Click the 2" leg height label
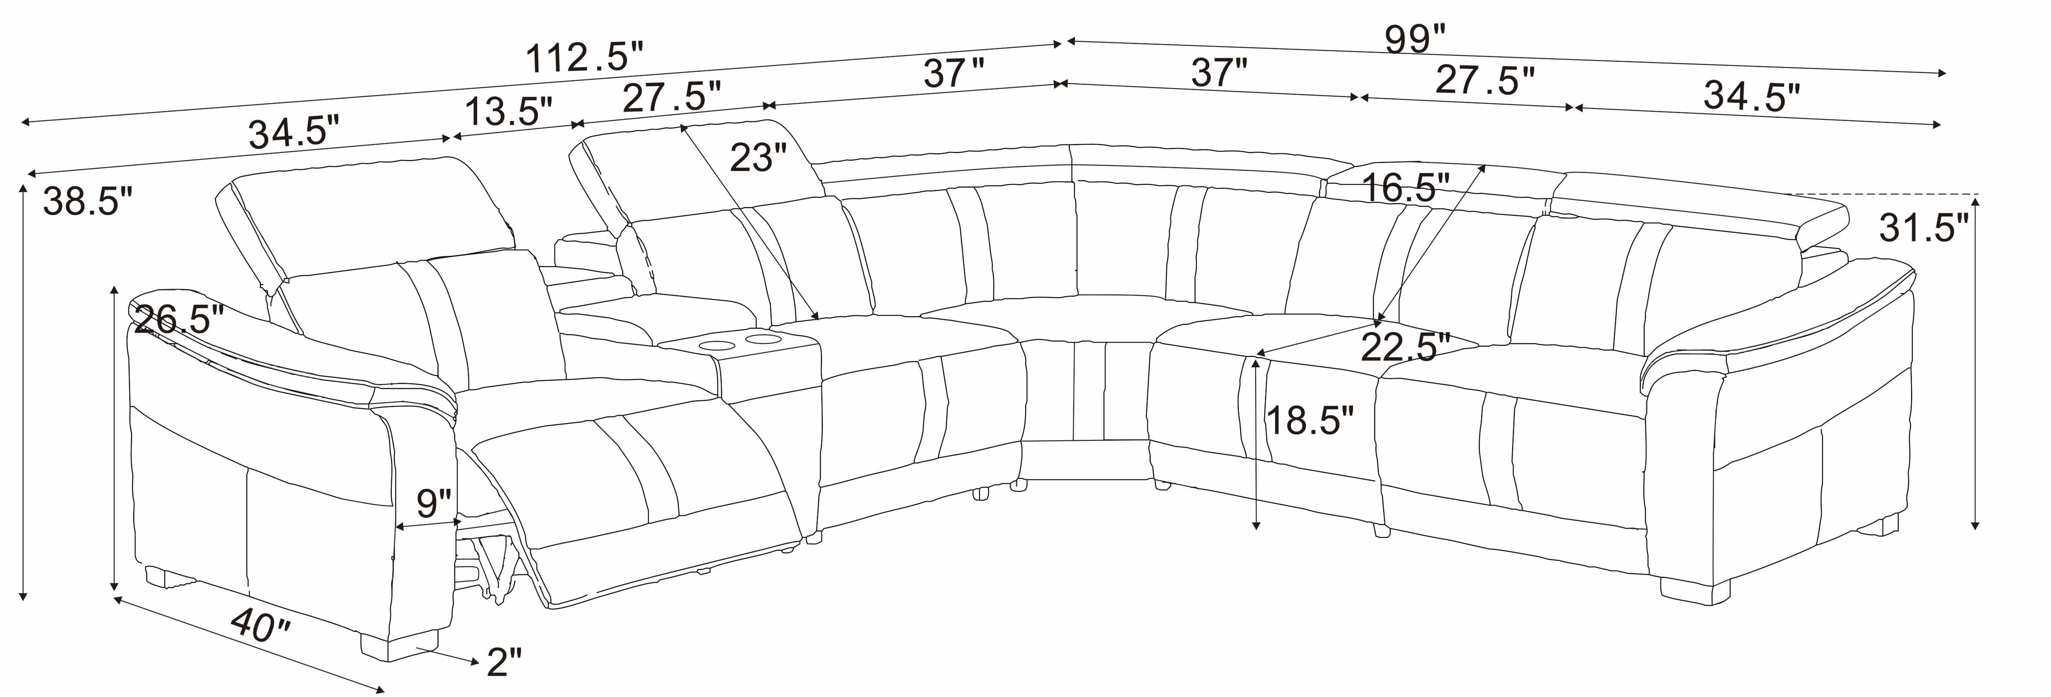(x=504, y=661)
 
